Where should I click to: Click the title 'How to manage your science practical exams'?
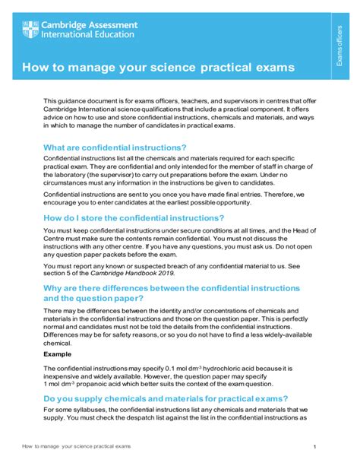tap(158, 68)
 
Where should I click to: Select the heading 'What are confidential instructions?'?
tap(115, 147)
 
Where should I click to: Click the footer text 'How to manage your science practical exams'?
tap(77, 445)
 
